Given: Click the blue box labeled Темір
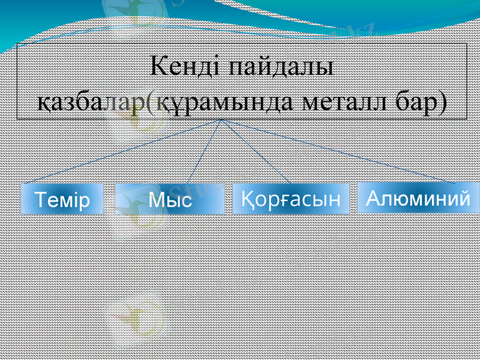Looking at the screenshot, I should click(62, 200).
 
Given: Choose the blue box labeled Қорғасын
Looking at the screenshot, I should click(290, 199).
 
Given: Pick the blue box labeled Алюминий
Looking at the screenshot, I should click(418, 197).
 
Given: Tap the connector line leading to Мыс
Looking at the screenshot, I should click(205, 152).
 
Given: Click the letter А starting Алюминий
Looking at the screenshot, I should click(372, 197).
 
